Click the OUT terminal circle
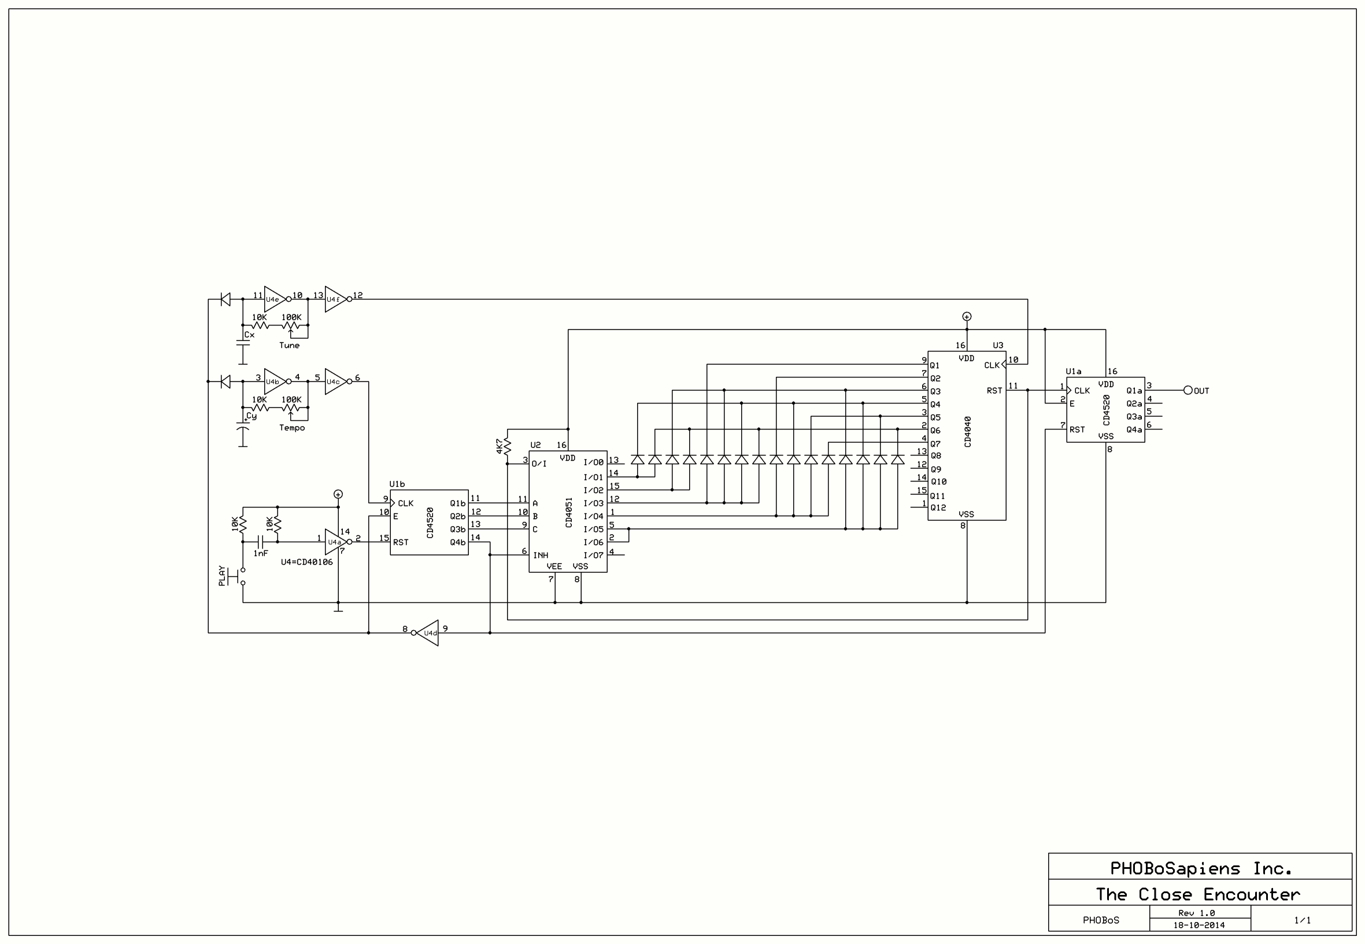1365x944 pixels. coord(1188,390)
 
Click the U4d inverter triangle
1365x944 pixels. coord(428,633)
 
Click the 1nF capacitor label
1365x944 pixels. coord(261,553)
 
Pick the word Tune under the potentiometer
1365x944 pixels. coord(289,346)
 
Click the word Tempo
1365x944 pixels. coord(292,428)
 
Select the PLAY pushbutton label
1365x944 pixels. coord(222,576)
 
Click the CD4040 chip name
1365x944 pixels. coord(968,431)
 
